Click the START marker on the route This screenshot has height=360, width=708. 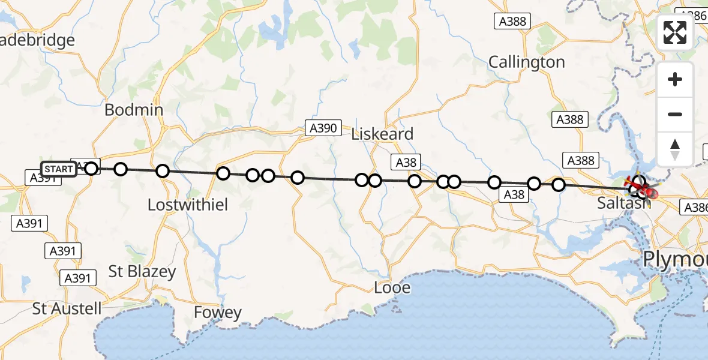point(59,169)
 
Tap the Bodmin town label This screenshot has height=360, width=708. point(134,110)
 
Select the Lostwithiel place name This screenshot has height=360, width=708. point(188,205)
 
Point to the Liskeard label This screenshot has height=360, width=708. point(383,134)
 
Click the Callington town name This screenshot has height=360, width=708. point(526,62)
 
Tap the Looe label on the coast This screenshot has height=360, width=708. point(392,287)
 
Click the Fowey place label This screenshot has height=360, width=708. point(217,313)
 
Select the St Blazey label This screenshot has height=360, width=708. point(142,272)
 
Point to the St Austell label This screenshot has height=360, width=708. point(67,310)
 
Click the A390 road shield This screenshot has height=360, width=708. point(323,127)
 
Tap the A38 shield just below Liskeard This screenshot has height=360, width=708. point(406,162)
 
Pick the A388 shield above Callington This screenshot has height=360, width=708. point(512,22)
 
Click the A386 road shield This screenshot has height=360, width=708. point(695,208)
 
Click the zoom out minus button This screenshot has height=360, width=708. point(675,114)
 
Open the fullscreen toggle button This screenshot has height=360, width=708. point(675,32)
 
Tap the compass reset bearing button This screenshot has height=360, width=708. point(675,149)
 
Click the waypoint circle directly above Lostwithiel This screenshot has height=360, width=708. point(162,172)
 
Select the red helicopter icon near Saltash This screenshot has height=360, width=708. point(647,193)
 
